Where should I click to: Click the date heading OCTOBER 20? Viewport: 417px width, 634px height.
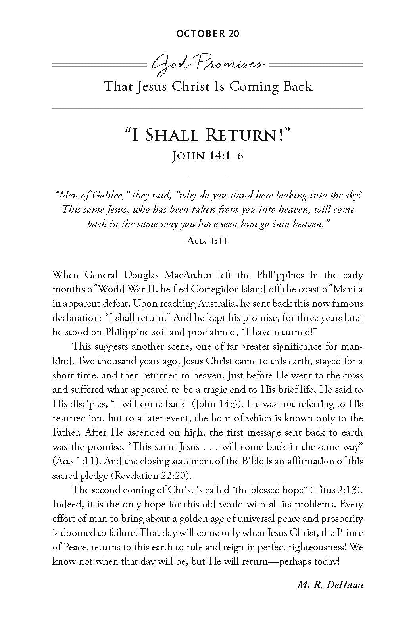[208, 33]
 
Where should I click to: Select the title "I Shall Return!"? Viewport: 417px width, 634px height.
[208, 135]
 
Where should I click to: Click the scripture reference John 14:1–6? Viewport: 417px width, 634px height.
[208, 156]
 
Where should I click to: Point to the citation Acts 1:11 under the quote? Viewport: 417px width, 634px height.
[207, 241]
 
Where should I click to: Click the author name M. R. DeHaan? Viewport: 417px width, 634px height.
[330, 584]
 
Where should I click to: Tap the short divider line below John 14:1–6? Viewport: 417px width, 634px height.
[208, 175]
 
